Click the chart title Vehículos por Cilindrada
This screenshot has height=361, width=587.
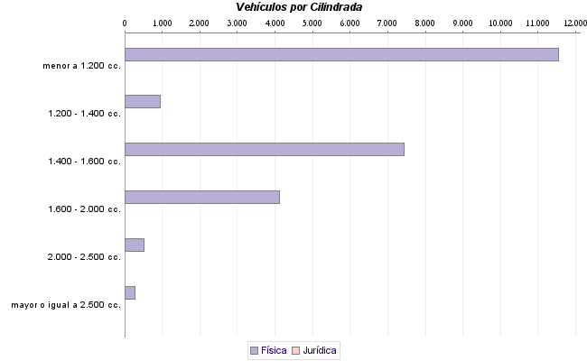point(299,7)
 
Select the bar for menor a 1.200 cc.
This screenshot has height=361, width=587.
point(341,54)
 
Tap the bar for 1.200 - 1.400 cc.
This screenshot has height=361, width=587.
point(142,101)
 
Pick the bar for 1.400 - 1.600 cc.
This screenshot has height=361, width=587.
point(264,149)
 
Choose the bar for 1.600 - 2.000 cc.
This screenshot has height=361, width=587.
point(201,197)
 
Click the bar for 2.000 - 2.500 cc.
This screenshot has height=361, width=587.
point(134,245)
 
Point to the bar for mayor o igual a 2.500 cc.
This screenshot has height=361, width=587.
point(129,292)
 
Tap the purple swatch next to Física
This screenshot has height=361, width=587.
point(254,349)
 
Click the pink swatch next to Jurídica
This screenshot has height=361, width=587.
point(296,349)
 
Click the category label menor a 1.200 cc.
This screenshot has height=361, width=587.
point(81,66)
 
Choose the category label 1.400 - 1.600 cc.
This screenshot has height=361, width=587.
point(85,162)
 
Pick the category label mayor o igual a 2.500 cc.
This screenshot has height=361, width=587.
point(66,305)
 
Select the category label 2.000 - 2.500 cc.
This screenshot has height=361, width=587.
point(85,257)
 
